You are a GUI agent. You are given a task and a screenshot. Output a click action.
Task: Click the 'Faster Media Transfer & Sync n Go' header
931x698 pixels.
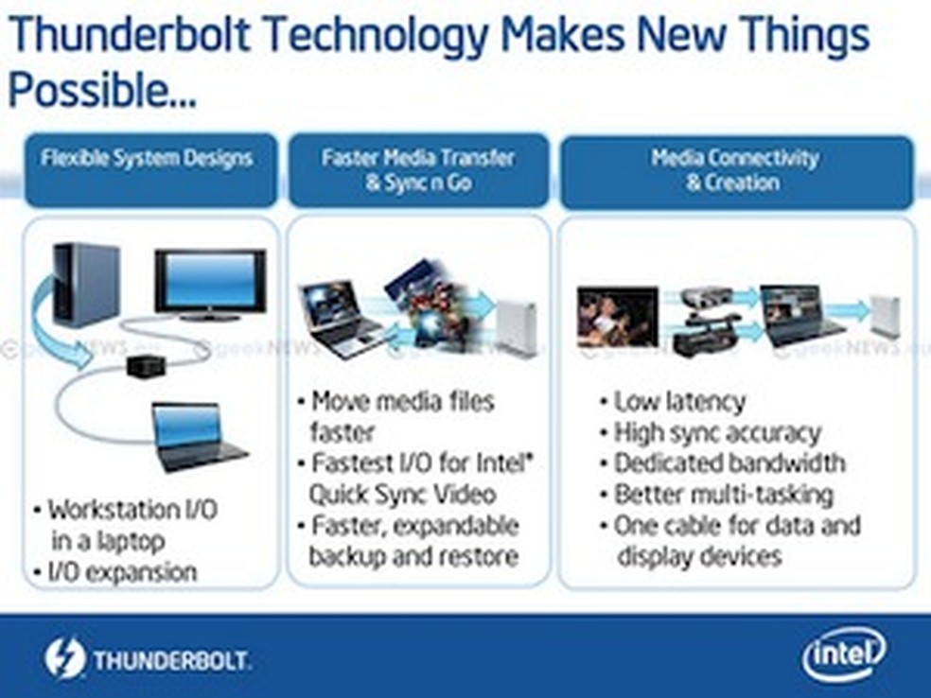coord(417,169)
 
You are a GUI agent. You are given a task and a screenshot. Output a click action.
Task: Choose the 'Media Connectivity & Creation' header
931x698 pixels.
coord(734,169)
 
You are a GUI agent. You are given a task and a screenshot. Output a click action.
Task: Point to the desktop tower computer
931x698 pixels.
coord(85,284)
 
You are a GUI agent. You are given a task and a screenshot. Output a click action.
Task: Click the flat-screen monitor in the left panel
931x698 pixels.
coord(209,285)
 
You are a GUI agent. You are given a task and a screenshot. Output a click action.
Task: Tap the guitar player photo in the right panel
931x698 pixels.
coord(617,317)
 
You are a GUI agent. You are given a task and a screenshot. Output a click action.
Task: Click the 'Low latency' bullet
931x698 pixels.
coord(678,401)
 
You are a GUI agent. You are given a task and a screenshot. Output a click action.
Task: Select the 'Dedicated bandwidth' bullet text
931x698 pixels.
coord(729,463)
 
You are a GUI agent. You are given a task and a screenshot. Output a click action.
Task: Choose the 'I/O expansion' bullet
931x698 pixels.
coord(122,571)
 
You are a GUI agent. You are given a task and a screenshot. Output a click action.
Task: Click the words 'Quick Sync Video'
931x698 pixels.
coord(402,494)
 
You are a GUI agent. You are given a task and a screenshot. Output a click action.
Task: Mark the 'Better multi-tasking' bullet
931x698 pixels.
coord(723,494)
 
